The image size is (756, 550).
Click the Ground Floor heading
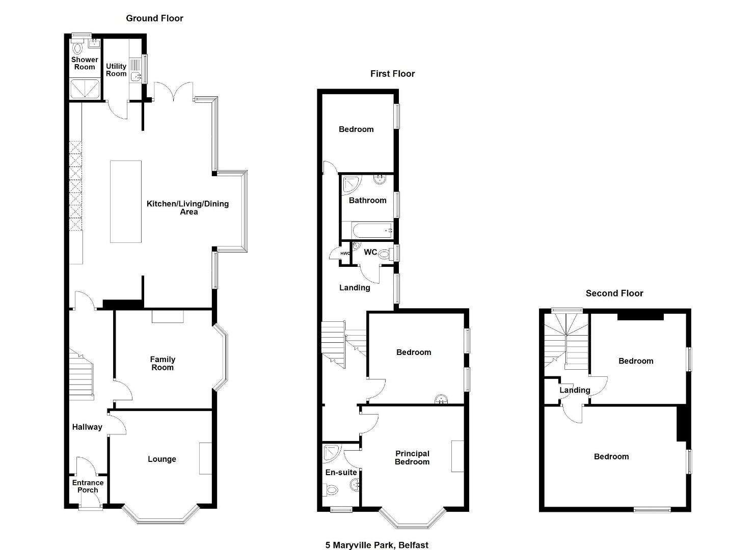click(154, 18)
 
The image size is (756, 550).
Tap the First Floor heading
click(392, 73)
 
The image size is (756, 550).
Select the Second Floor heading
click(614, 293)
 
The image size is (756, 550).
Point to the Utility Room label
click(116, 70)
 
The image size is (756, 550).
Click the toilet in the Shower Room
click(77, 47)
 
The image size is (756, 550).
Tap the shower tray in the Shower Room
click(85, 89)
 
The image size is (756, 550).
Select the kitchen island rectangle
click(125, 202)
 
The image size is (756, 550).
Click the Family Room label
click(163, 364)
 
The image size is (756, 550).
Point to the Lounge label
click(162, 459)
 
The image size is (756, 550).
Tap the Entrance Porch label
click(88, 486)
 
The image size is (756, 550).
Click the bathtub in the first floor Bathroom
click(372, 231)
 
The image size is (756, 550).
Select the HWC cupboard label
click(345, 254)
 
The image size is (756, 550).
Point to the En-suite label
click(341, 473)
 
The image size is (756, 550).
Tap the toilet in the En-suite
click(331, 490)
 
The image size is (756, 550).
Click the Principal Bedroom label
click(412, 457)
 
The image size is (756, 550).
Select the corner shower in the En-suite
click(332, 453)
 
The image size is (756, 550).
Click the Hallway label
click(87, 427)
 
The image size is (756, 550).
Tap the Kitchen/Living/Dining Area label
click(187, 207)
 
